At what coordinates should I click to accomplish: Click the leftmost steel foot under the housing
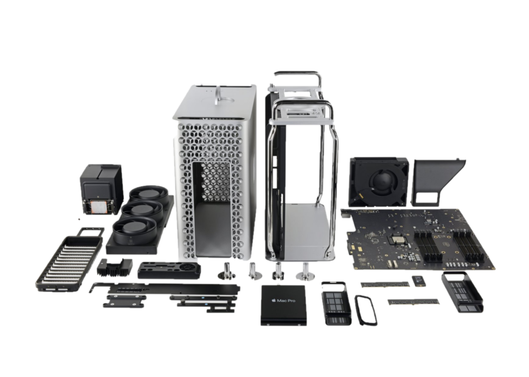(x=225, y=272)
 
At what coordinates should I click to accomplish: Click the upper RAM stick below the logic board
(x=382, y=284)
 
